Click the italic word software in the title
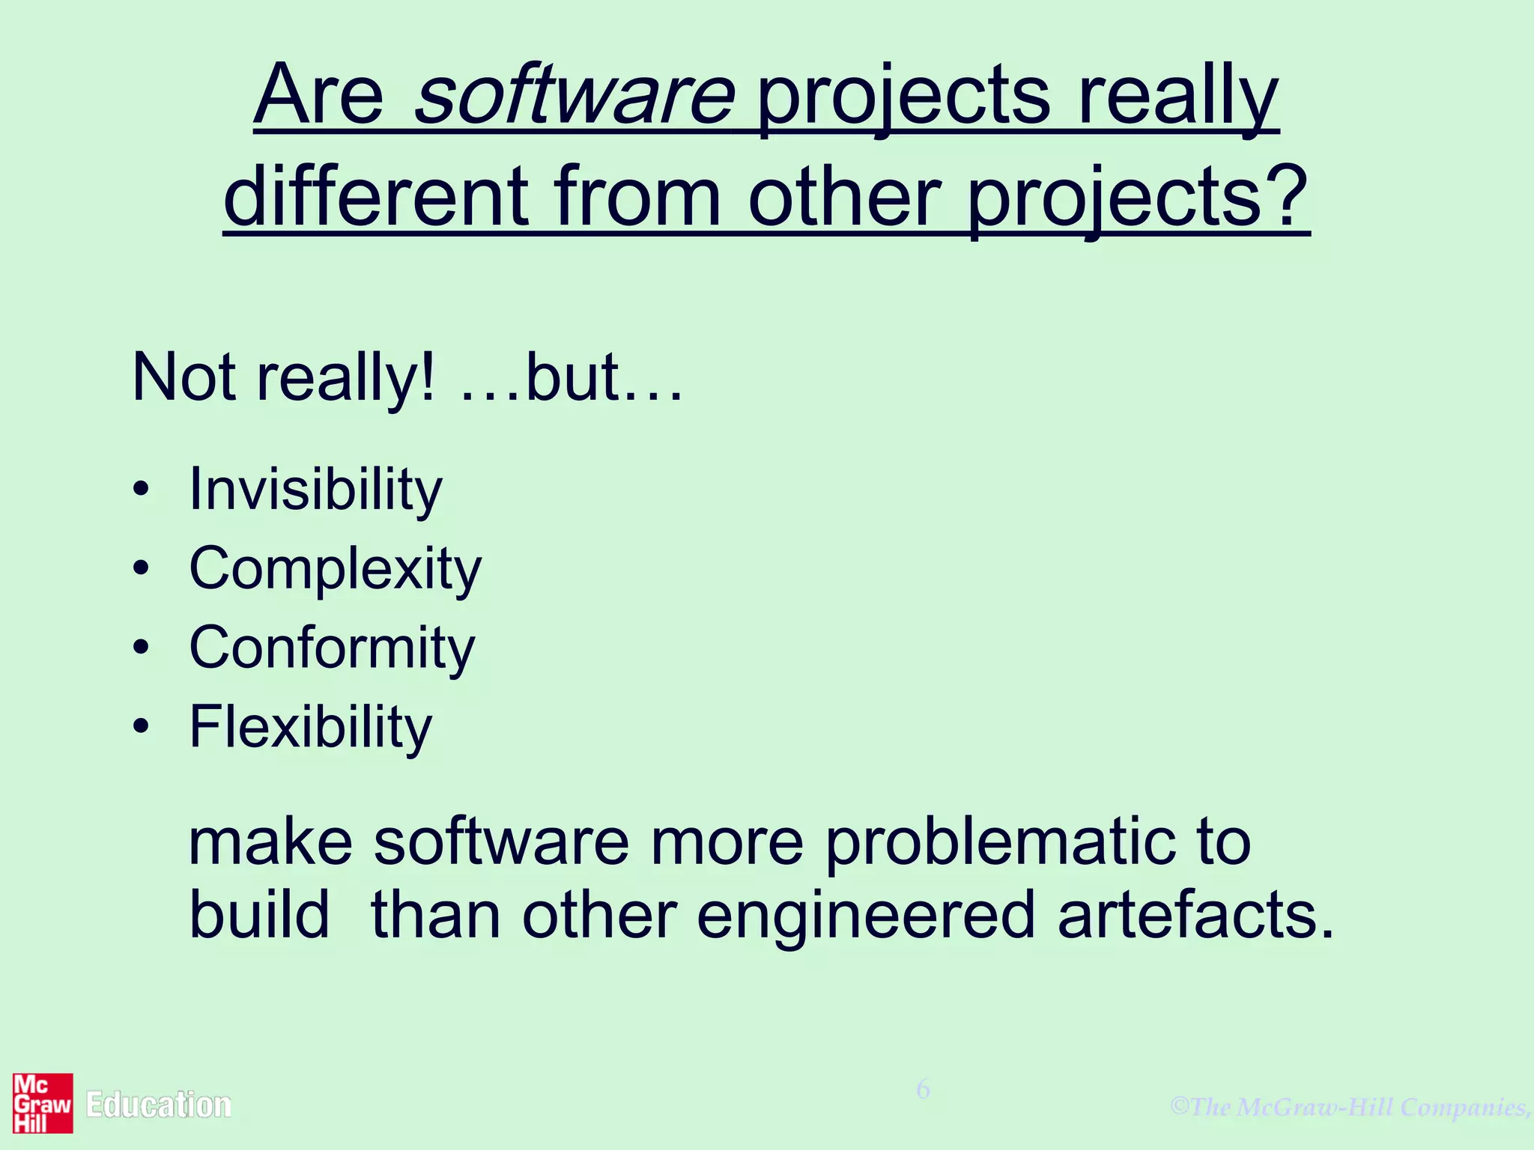[575, 97]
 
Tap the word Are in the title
[318, 97]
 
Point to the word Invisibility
[315, 490]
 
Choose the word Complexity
[335, 570]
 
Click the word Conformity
[332, 648]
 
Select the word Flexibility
[311, 728]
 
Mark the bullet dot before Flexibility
[141, 727]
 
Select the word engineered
[865, 917]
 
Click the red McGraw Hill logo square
[43, 1103]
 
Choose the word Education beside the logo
[159, 1105]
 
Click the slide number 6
[923, 1089]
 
